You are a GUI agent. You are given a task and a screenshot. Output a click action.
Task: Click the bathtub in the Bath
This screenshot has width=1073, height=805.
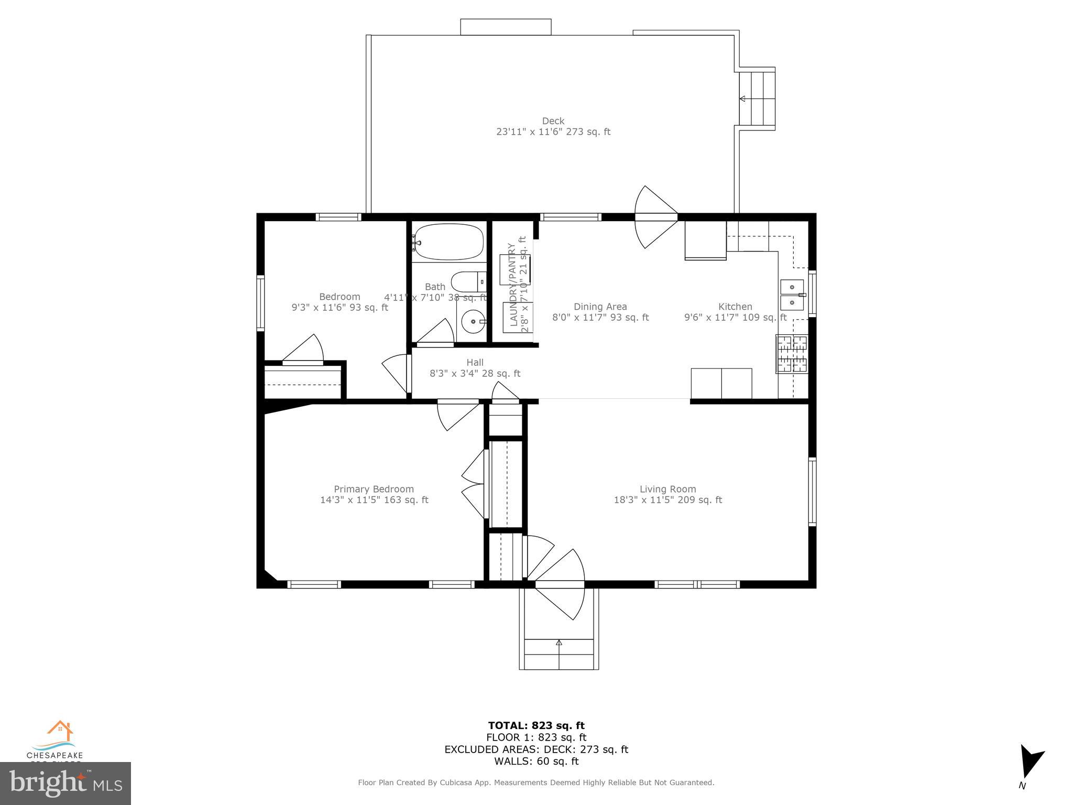pyautogui.click(x=448, y=242)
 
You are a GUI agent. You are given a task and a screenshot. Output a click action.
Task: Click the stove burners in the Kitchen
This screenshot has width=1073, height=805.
pyautogui.click(x=792, y=354)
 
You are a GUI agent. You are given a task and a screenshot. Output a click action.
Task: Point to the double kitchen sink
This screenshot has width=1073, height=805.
pyautogui.click(x=792, y=295)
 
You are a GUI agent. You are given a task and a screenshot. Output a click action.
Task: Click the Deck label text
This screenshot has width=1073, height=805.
pyautogui.click(x=553, y=121)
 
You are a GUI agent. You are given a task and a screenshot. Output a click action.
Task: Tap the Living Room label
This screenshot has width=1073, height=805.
pyautogui.click(x=667, y=489)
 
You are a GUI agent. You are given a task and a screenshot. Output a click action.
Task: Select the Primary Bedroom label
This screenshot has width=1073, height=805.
pyautogui.click(x=374, y=489)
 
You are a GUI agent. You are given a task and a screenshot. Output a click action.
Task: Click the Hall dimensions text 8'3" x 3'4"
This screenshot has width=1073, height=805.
pyautogui.click(x=475, y=374)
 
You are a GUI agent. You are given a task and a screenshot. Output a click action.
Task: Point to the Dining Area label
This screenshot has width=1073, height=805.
pyautogui.click(x=600, y=307)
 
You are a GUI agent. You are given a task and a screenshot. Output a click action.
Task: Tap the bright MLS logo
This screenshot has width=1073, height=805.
pyautogui.click(x=65, y=784)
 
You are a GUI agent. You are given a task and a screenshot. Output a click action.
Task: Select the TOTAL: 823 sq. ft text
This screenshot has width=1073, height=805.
pyautogui.click(x=536, y=725)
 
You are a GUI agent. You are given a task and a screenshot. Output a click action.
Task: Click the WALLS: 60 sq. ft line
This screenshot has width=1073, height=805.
pyautogui.click(x=536, y=761)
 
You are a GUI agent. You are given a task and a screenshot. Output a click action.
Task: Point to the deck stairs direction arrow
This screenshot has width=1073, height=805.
pyautogui.click(x=742, y=99)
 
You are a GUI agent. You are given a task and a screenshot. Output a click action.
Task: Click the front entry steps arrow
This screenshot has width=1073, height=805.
pyautogui.click(x=559, y=643)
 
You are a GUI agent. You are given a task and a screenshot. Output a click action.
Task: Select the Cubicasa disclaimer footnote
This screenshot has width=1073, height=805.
pyautogui.click(x=536, y=782)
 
